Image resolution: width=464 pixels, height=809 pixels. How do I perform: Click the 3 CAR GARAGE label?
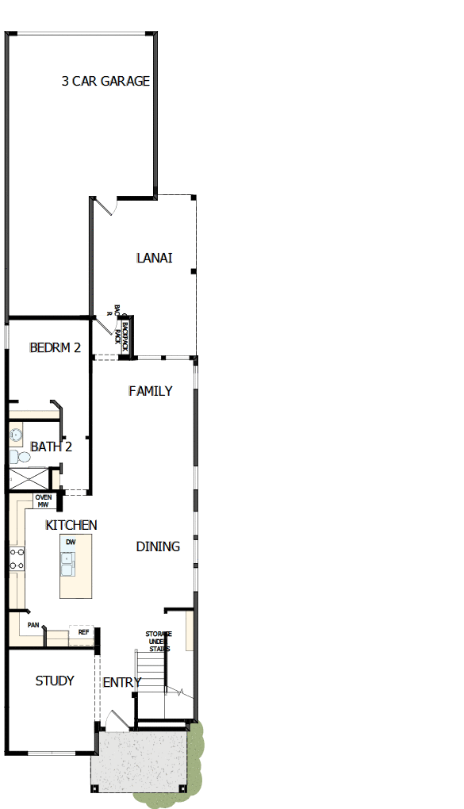(x=106, y=81)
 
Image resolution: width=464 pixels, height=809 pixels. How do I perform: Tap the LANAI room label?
(x=155, y=258)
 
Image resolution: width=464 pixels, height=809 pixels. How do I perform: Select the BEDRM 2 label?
(x=55, y=347)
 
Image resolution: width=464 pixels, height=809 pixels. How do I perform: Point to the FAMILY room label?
(x=151, y=391)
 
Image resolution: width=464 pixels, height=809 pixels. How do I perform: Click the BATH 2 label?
(x=52, y=447)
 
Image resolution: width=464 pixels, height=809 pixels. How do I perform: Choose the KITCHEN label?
(x=71, y=525)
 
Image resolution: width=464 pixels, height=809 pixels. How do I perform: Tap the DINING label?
(x=158, y=546)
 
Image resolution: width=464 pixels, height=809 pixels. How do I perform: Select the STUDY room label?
(x=55, y=681)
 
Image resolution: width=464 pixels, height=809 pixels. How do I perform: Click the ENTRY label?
(x=122, y=682)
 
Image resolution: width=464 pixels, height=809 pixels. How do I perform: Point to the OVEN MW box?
(x=43, y=500)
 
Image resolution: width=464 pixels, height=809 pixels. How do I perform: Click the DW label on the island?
(x=71, y=543)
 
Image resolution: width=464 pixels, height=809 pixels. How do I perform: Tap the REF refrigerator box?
(x=82, y=632)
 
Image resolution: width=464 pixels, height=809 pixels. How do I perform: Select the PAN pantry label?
(x=33, y=625)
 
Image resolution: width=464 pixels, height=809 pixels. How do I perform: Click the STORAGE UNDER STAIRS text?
(x=158, y=642)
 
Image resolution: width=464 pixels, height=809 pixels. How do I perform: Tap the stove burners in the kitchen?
(x=16, y=558)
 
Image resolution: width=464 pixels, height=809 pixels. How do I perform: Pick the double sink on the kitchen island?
(x=69, y=563)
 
